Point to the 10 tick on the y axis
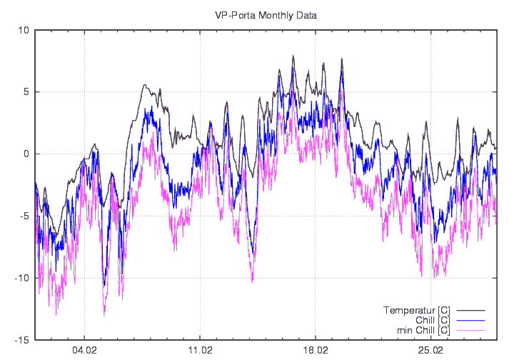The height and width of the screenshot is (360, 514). coord(24,30)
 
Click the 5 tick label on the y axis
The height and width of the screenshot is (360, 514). coord(26,92)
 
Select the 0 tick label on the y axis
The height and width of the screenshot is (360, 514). coord(26,154)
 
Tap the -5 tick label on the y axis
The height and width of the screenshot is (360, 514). coord(24,216)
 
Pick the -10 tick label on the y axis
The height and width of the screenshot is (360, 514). coord(22,278)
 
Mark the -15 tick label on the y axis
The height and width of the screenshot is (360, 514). coord(22,339)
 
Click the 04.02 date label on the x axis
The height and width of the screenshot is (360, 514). coord(84,351)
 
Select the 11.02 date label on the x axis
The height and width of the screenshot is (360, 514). coord(200,351)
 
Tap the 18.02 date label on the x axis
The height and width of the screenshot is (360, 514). coord(316,351)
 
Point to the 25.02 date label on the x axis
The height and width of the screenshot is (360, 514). coord(430,351)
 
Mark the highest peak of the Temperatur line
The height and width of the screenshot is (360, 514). coord(293,56)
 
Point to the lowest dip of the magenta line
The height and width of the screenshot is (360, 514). coord(104,315)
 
